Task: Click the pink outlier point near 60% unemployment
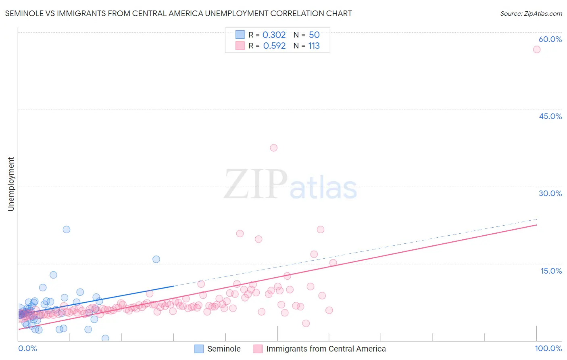[x=536, y=49]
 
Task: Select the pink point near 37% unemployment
[x=273, y=148]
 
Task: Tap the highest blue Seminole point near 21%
[x=67, y=229]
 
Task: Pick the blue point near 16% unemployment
[x=156, y=259]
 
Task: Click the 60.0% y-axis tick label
[x=550, y=39]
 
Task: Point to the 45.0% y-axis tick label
[x=550, y=116]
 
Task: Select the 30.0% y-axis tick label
[x=550, y=193]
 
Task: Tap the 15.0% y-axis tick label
[x=551, y=271]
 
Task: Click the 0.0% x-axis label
[x=27, y=348]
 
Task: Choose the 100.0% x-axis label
[x=548, y=348]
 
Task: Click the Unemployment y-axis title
[x=11, y=184]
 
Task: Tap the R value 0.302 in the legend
[x=274, y=35]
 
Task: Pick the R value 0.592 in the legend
[x=274, y=46]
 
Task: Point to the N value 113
[x=314, y=46]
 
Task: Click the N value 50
[x=314, y=35]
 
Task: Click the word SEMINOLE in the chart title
[x=23, y=13]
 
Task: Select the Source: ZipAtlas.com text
[x=531, y=13]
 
